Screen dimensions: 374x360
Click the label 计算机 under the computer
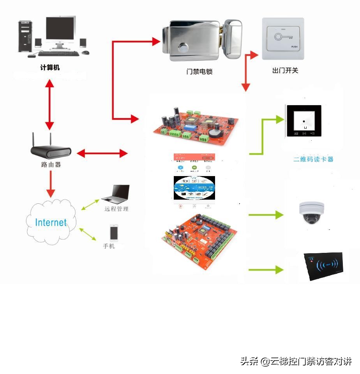click(50, 67)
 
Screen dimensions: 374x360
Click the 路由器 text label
click(51, 164)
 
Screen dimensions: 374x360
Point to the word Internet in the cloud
click(51, 222)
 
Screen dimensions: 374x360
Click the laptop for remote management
click(116, 193)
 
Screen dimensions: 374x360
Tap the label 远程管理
click(116, 209)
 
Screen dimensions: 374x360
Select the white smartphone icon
click(114, 233)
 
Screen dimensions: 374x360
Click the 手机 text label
click(109, 246)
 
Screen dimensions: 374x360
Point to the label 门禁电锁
click(199, 72)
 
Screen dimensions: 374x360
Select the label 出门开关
click(285, 71)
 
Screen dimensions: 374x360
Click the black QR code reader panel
click(304, 121)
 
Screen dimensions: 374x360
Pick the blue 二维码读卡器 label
click(313, 159)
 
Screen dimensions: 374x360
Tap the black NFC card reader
click(325, 266)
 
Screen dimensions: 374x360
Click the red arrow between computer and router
click(49, 104)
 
